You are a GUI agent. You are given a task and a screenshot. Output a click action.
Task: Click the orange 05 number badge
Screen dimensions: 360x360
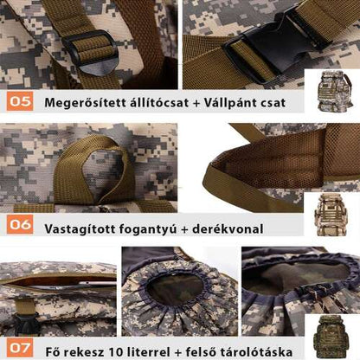19,102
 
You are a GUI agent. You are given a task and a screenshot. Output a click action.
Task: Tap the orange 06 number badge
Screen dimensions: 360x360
19,227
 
